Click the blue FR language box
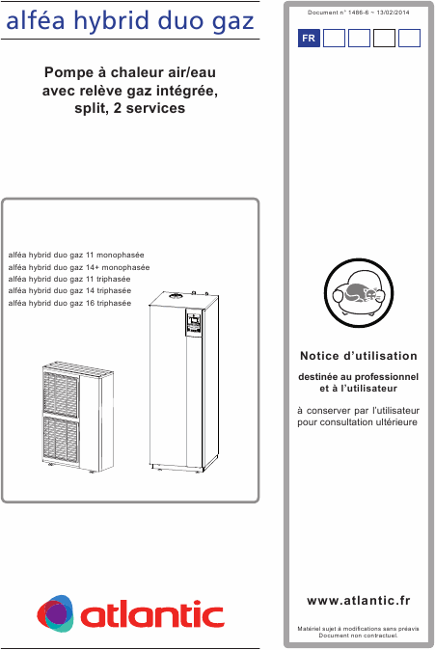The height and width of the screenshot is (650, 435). coord(308,39)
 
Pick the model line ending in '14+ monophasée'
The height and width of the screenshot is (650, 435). coord(78,265)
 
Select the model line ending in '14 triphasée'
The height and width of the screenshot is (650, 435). coord(69,290)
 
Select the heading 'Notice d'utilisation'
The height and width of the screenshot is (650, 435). coord(358,356)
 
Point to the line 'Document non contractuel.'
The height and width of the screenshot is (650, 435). coord(358,636)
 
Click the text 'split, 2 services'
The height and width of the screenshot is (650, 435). coord(129,108)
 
